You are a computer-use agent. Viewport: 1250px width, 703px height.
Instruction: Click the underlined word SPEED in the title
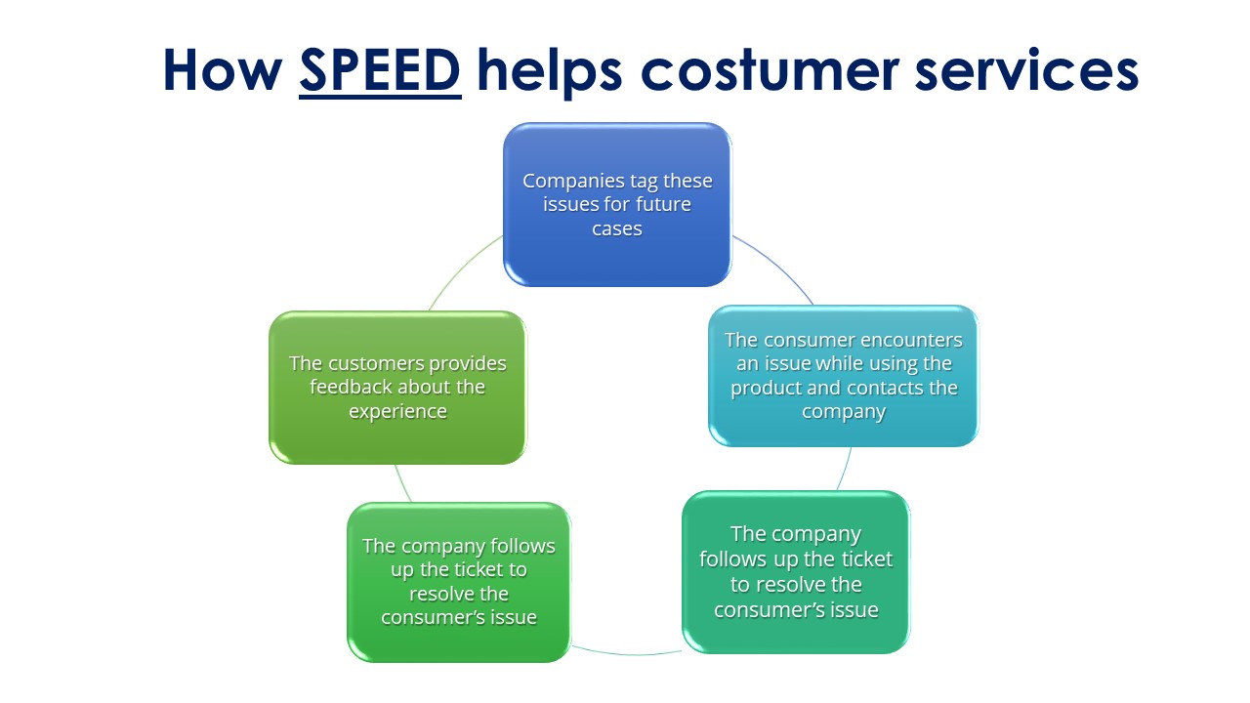(380, 71)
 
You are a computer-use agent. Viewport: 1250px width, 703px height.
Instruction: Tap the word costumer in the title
(771, 71)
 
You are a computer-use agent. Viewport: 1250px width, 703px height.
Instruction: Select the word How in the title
(223, 70)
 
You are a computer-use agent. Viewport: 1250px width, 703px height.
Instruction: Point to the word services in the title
(1026, 71)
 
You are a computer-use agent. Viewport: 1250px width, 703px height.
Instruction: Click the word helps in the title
(549, 72)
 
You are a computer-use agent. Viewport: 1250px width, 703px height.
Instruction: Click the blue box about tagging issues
(617, 205)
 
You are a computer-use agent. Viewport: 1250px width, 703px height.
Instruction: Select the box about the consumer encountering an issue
(843, 376)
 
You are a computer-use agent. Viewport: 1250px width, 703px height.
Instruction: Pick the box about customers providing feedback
(397, 388)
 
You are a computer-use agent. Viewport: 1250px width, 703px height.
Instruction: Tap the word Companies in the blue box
(573, 182)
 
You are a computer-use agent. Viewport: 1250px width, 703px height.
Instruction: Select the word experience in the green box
(397, 412)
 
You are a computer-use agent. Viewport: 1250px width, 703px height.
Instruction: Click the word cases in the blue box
(617, 228)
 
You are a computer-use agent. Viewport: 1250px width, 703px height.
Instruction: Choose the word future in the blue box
(663, 205)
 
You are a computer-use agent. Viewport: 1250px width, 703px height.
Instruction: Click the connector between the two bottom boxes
(626, 652)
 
